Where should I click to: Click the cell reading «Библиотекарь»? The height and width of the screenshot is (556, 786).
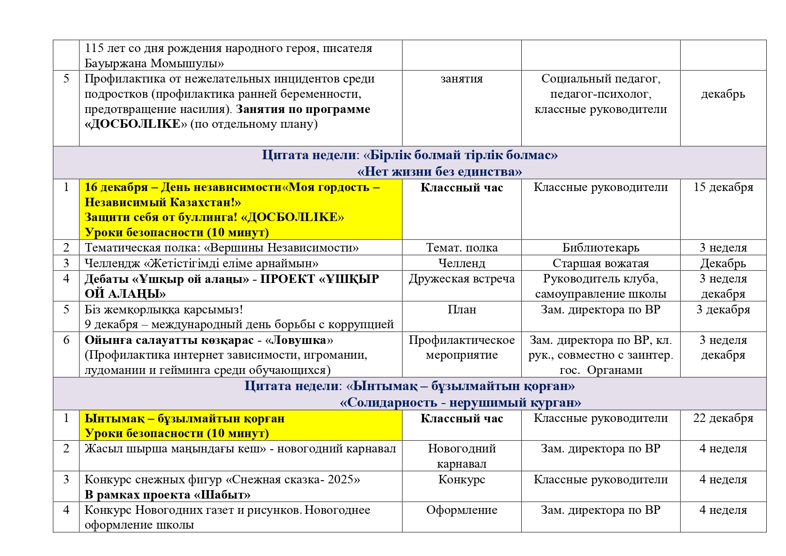pos(601,248)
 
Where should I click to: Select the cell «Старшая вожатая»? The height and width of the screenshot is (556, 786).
pos(601,263)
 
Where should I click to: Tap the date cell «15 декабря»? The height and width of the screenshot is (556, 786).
pos(723,187)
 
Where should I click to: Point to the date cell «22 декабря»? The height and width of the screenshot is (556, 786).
pos(723,418)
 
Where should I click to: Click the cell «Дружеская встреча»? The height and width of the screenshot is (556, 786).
pos(461,279)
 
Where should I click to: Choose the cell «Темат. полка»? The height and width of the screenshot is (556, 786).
pos(461,248)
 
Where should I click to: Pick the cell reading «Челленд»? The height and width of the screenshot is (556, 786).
pos(461,263)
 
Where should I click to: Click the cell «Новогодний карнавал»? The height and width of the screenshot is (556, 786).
pos(461,456)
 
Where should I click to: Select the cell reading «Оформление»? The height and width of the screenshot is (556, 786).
pos(461,510)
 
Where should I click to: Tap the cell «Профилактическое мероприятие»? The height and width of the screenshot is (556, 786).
pos(461,347)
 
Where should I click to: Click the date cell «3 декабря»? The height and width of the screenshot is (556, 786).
pos(723,310)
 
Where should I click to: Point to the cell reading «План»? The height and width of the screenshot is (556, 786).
pos(461,310)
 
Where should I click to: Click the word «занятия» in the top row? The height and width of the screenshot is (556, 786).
pos(461,79)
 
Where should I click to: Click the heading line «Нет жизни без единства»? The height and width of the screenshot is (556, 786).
pos(439,171)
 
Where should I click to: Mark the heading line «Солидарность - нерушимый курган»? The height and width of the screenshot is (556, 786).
pos(460,402)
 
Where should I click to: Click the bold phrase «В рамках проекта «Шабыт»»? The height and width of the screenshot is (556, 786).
pos(168,495)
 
